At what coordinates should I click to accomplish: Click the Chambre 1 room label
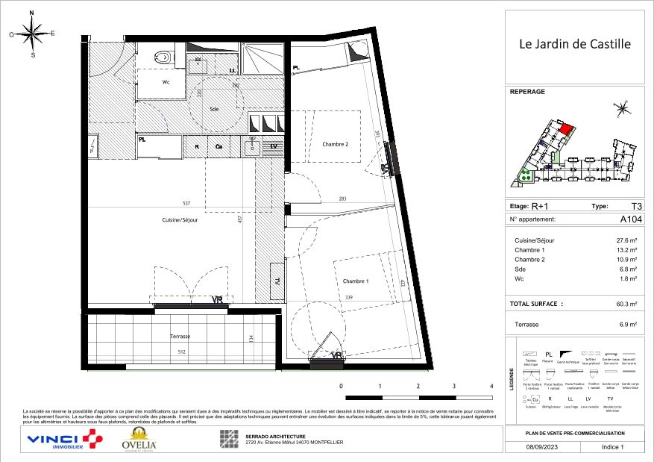click(x=356, y=281)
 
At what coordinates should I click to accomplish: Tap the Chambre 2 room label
click(x=336, y=144)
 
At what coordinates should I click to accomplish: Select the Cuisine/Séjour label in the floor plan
click(x=180, y=220)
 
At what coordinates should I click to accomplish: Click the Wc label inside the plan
click(x=167, y=83)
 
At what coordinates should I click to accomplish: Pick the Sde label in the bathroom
click(x=215, y=109)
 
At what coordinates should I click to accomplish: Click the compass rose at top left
click(x=32, y=33)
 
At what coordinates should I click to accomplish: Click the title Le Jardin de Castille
click(x=574, y=44)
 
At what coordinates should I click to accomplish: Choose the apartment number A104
click(x=630, y=219)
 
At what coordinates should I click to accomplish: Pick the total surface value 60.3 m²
click(x=625, y=305)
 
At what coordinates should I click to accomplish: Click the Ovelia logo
click(x=139, y=440)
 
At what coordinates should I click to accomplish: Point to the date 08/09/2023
click(x=540, y=447)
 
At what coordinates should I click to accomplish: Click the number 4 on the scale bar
click(x=491, y=387)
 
